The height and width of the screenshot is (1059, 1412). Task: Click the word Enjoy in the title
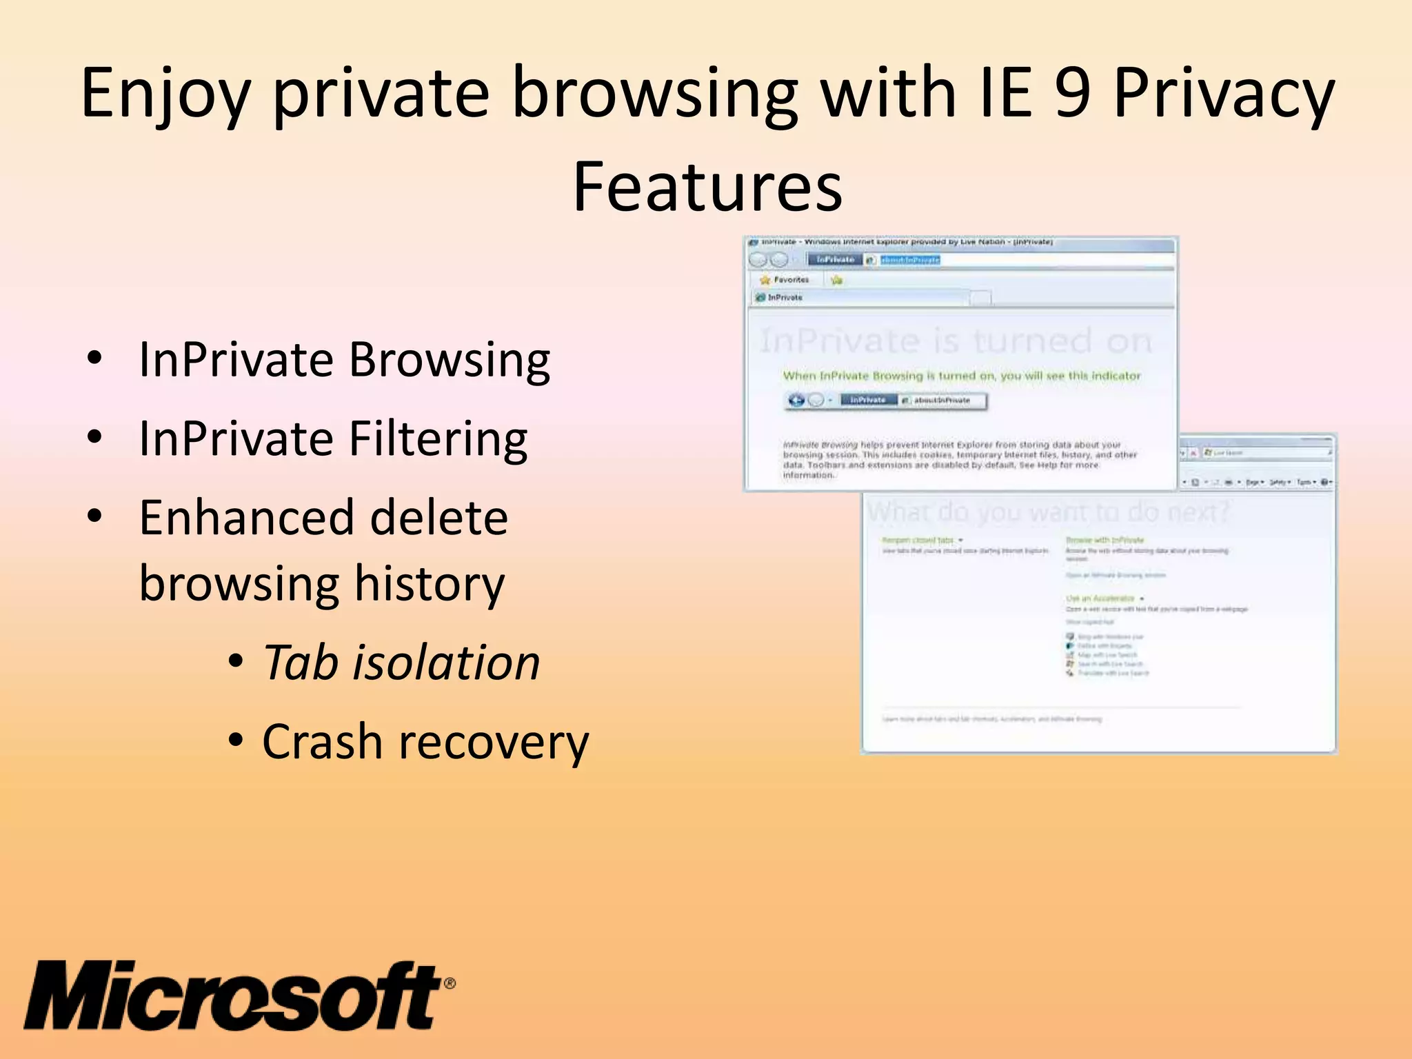pyautogui.click(x=164, y=94)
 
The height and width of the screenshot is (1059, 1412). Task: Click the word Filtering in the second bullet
pyautogui.click(x=438, y=438)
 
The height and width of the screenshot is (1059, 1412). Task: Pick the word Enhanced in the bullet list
pyautogui.click(x=323, y=518)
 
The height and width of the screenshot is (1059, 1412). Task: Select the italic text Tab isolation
pyautogui.click(x=401, y=663)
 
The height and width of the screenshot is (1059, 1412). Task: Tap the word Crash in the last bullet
pyautogui.click(x=322, y=743)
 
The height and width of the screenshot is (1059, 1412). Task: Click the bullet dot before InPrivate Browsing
pyautogui.click(x=95, y=359)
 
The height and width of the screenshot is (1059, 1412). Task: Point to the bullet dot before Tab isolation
pyautogui.click(x=236, y=662)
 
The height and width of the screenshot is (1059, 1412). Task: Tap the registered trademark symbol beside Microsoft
pyautogui.click(x=449, y=983)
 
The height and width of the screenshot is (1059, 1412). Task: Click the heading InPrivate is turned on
pyautogui.click(x=956, y=341)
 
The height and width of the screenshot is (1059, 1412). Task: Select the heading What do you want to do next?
pyautogui.click(x=1048, y=512)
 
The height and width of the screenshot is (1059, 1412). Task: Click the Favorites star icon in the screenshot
pyautogui.click(x=765, y=280)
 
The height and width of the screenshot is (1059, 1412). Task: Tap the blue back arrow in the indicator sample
pyautogui.click(x=796, y=401)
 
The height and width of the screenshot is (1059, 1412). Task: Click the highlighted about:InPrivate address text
pyautogui.click(x=910, y=260)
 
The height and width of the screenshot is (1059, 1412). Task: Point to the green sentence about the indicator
pyautogui.click(x=961, y=376)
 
